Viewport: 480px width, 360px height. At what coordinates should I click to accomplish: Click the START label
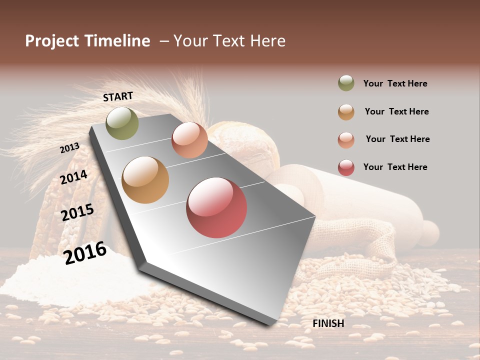(x=118, y=96)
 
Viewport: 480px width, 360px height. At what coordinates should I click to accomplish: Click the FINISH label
(x=328, y=323)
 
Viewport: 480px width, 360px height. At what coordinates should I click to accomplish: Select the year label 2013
(x=69, y=148)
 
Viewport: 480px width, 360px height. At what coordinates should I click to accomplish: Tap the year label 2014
(x=73, y=177)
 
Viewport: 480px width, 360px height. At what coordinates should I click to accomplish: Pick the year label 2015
(x=77, y=212)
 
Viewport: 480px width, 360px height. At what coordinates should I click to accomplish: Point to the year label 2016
(x=85, y=253)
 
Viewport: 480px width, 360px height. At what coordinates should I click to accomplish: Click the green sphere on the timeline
(x=122, y=123)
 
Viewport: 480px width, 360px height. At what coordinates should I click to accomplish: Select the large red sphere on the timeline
(x=216, y=207)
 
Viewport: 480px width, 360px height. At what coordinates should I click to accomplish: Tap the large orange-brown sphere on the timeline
(x=145, y=180)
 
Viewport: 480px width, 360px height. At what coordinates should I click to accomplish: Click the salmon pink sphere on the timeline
(x=189, y=140)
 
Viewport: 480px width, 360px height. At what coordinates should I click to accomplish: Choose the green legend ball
(x=346, y=83)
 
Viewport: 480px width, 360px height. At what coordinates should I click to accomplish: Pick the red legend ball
(x=346, y=167)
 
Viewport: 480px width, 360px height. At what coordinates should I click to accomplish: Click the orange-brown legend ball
(x=346, y=111)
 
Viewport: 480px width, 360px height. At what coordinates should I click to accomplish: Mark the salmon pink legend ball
(x=346, y=139)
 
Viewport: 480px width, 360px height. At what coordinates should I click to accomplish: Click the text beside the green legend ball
(x=395, y=83)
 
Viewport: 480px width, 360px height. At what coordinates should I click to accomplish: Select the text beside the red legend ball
(x=395, y=167)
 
